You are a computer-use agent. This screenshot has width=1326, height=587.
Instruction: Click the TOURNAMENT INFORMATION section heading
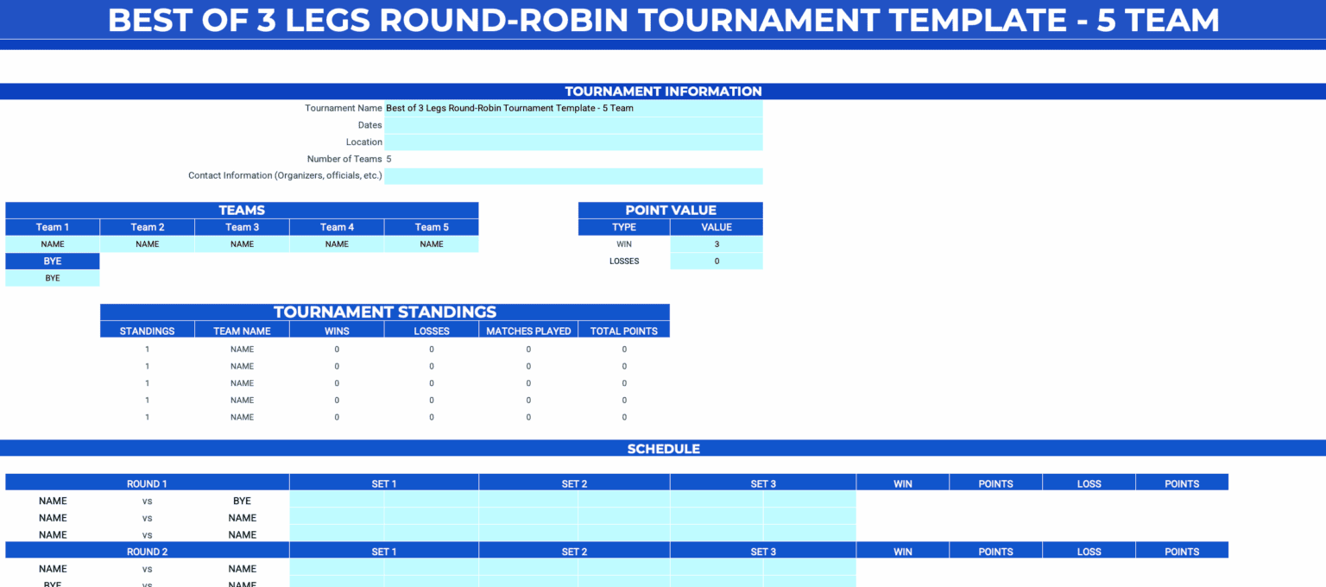click(x=663, y=92)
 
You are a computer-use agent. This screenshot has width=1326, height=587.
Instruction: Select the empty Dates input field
click(x=573, y=125)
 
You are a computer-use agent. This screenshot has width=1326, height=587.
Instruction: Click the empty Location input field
click(x=573, y=142)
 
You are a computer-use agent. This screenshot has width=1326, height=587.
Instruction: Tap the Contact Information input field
click(x=573, y=176)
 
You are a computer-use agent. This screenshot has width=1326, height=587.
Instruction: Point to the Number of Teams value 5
click(x=389, y=159)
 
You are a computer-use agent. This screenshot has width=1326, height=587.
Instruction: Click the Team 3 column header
click(x=242, y=227)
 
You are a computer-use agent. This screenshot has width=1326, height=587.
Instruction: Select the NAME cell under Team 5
click(x=432, y=244)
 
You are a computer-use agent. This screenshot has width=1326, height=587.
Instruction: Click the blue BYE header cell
click(x=53, y=261)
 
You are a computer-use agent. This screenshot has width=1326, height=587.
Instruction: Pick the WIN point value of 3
click(x=717, y=244)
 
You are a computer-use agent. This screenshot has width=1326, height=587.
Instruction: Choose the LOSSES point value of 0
click(x=717, y=261)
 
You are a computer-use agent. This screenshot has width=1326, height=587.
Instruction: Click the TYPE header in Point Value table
click(x=623, y=227)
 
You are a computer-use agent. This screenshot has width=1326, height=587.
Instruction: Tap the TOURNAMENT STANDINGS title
click(x=385, y=312)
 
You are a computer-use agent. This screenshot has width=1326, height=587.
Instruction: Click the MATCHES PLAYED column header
click(x=528, y=331)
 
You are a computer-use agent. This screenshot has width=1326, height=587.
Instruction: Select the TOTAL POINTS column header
click(x=624, y=331)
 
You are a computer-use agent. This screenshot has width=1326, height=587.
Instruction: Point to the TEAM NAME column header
click(x=242, y=331)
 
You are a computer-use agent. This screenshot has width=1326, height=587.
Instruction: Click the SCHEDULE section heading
click(x=663, y=449)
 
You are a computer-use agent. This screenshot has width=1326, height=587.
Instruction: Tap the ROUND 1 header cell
click(x=147, y=483)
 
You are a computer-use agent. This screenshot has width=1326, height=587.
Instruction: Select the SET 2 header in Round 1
click(x=574, y=483)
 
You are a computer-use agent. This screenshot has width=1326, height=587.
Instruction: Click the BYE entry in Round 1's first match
click(x=242, y=501)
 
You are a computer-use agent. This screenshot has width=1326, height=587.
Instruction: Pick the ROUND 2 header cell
click(x=147, y=552)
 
